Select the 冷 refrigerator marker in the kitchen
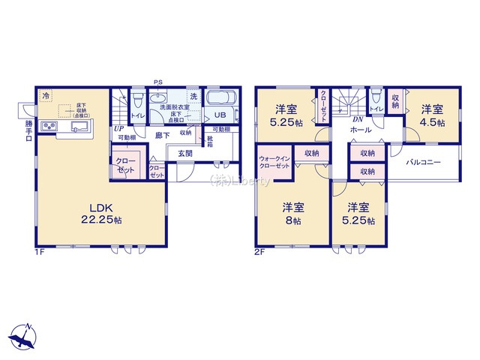tap(46, 96)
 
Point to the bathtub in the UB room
tap(220, 100)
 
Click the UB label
tap(219, 115)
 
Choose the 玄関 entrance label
tap(185, 153)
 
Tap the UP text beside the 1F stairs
tap(118, 128)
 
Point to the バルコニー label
tap(423, 161)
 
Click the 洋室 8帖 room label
tap(292, 213)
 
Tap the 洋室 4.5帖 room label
tap(430, 115)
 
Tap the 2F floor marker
tap(259, 253)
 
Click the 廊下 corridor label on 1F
tap(161, 136)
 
